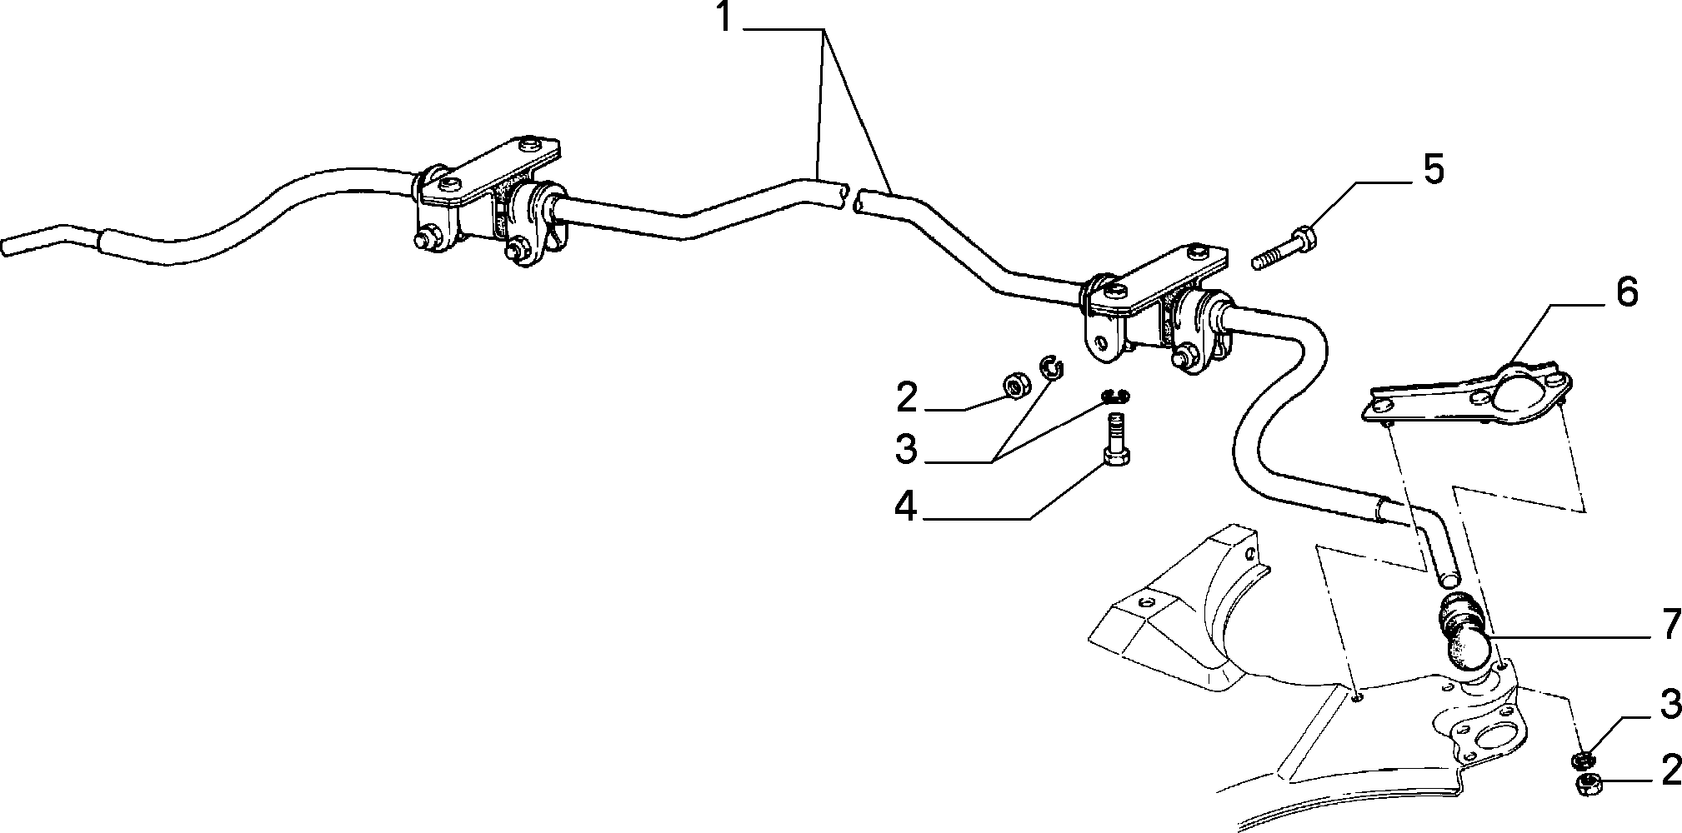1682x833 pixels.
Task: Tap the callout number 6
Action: pyautogui.click(x=1626, y=292)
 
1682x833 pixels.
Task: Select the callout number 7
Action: pyautogui.click(x=1669, y=626)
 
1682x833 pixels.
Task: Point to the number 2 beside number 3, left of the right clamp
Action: pyautogui.click(x=907, y=397)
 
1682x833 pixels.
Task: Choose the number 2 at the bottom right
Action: pyautogui.click(x=1670, y=771)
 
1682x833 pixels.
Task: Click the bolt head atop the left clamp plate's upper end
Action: pyautogui.click(x=529, y=145)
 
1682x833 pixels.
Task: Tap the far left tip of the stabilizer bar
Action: pyautogui.click(x=7, y=248)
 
